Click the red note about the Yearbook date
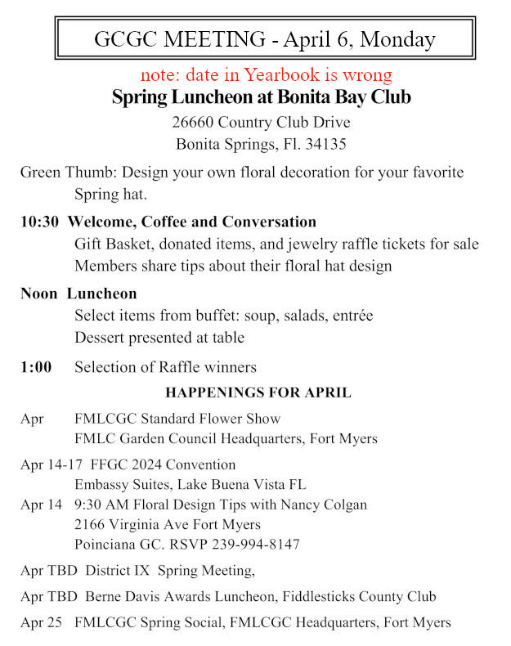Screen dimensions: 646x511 (266, 75)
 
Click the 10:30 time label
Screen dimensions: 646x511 (39, 222)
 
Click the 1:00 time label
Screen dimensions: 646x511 (36, 367)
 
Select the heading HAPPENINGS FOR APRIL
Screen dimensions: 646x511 (258, 393)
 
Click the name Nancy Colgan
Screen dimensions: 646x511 (320, 505)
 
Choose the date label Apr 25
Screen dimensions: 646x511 (41, 622)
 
